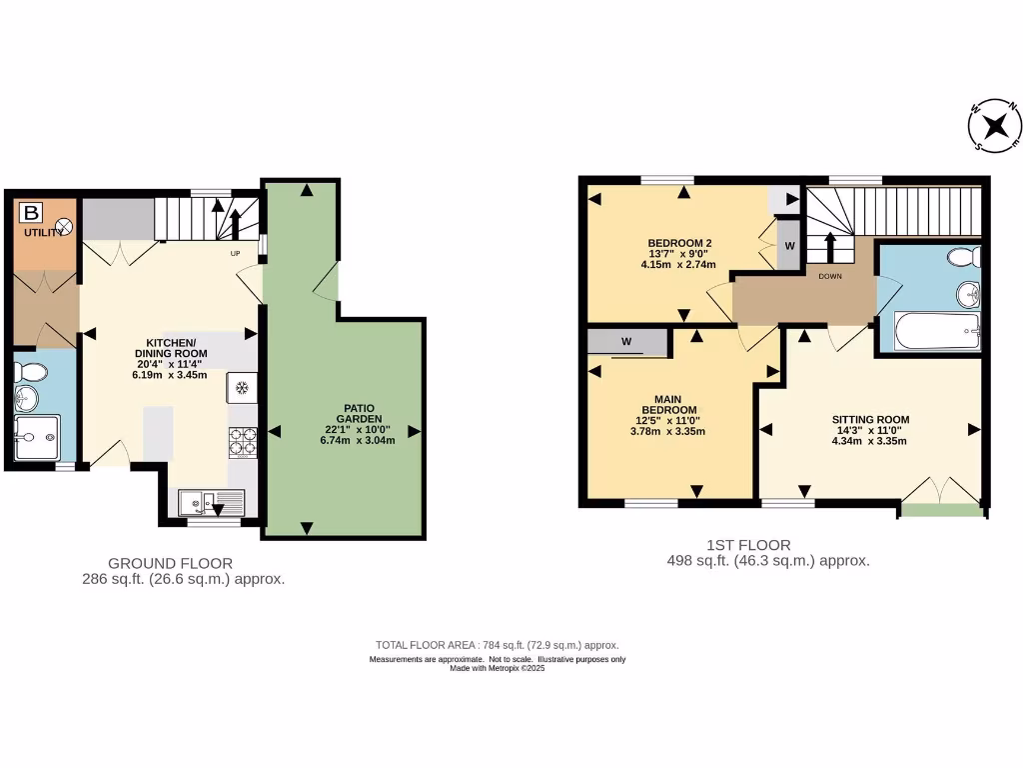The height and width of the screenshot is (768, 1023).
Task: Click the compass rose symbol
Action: click(994, 126)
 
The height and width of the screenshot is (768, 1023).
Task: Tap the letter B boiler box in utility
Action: click(32, 212)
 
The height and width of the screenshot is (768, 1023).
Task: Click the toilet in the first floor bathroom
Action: click(963, 258)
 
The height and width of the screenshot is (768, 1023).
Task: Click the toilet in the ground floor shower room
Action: click(31, 373)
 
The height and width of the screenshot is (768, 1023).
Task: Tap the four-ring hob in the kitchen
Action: click(243, 440)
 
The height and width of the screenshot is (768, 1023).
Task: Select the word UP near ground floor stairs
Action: click(236, 253)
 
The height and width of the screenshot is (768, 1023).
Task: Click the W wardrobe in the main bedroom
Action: click(627, 342)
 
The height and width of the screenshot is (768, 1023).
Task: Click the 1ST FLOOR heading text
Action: click(748, 545)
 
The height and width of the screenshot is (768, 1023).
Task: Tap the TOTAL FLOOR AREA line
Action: click(504, 645)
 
